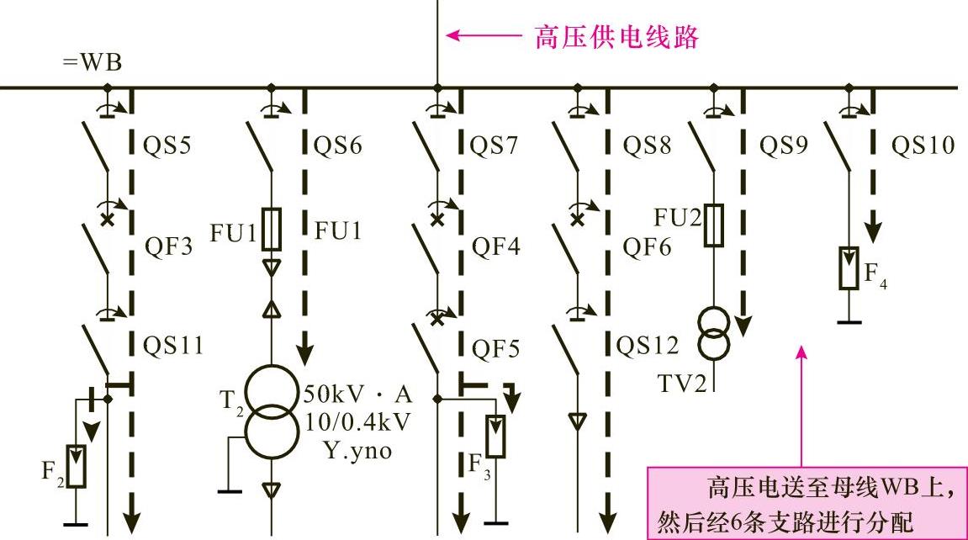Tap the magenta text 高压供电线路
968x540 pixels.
[616, 37]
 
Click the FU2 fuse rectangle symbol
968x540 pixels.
[713, 225]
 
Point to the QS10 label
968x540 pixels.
[923, 146]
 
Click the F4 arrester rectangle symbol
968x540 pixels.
[849, 267]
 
